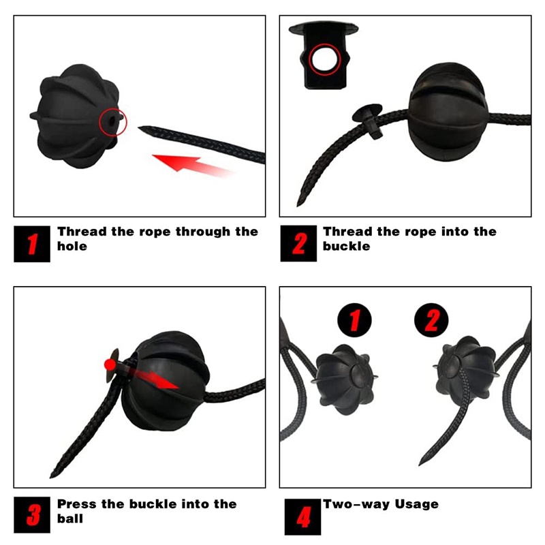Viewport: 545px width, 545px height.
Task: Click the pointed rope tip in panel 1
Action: [x=140, y=128]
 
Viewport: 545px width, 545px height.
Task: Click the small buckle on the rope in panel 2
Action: [x=369, y=120]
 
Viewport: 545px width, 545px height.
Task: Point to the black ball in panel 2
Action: [x=448, y=111]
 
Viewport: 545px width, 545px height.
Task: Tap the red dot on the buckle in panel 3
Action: [x=110, y=364]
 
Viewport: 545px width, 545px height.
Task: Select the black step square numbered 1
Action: [x=32, y=244]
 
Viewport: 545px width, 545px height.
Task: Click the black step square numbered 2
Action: [x=298, y=243]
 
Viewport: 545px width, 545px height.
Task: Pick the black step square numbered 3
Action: [x=32, y=515]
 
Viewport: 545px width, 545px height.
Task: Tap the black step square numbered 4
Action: [x=302, y=517]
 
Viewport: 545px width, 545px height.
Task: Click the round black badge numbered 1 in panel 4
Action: [x=354, y=320]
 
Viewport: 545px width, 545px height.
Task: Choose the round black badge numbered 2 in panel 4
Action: [x=431, y=320]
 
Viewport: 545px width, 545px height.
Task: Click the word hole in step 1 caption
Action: [x=72, y=246]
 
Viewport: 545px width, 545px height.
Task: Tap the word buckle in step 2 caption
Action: [x=347, y=246]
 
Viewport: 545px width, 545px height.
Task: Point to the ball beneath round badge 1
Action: [x=345, y=379]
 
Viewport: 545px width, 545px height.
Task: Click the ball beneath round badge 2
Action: [x=466, y=372]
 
